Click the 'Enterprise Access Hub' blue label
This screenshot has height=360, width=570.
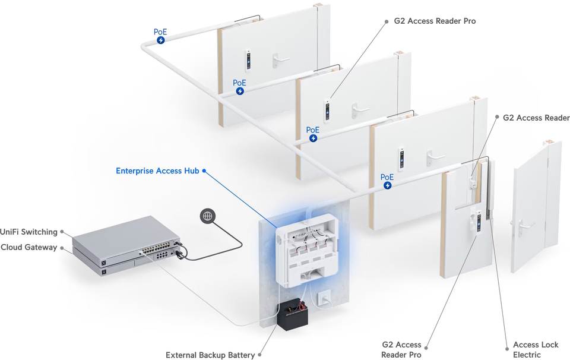157,171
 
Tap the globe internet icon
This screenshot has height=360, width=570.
207,216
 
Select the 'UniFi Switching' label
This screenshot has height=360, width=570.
28,232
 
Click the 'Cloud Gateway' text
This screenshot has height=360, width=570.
29,247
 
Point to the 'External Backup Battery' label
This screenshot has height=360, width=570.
210,355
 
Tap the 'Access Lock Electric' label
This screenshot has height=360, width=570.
536,349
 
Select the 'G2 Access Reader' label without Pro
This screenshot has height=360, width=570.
536,118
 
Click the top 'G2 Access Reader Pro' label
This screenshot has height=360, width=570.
435,21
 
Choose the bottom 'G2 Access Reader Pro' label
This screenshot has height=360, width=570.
401,349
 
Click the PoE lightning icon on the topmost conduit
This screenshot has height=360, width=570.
161,40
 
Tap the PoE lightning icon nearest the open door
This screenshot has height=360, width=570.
387,185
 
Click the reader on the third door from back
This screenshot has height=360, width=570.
402,158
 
